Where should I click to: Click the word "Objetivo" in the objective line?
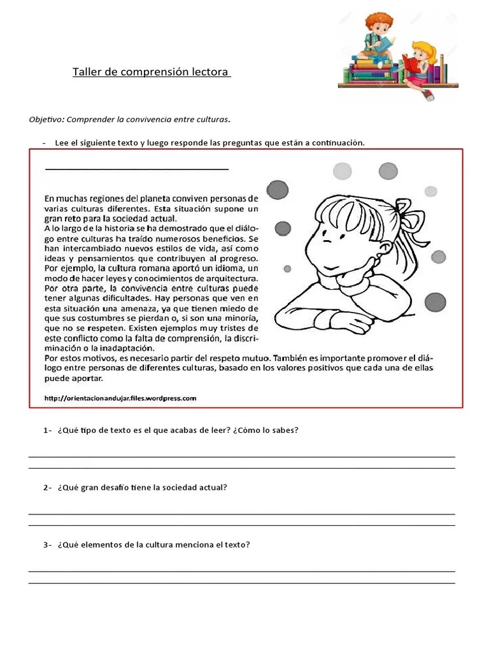tap(46, 119)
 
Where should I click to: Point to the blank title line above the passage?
tap(136, 169)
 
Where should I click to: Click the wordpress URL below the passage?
tap(120, 398)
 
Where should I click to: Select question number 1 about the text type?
tap(171, 430)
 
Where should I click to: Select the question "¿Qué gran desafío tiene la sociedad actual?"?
tap(142, 488)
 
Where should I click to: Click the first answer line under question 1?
tap(242, 456)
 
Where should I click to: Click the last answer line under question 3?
tap(242, 582)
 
